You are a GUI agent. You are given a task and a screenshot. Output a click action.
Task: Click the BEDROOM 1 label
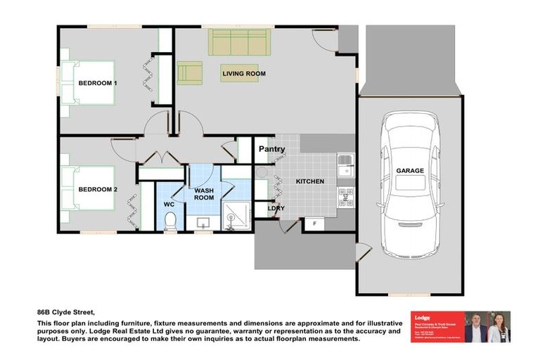click(x=97, y=83)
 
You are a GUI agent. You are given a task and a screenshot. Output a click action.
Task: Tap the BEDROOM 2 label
click(x=97, y=189)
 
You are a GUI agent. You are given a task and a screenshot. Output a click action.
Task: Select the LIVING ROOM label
click(x=244, y=73)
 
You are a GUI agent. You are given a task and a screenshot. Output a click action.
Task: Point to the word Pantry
click(x=271, y=149)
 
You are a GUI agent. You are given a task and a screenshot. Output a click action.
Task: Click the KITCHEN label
click(x=309, y=181)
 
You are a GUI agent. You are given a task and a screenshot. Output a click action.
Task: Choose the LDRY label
click(x=276, y=208)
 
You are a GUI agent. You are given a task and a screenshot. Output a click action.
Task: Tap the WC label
click(x=169, y=205)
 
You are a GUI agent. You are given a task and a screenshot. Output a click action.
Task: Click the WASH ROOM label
click(x=204, y=194)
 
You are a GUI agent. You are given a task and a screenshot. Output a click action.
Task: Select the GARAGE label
click(x=410, y=170)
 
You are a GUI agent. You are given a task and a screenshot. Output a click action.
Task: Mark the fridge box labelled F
click(x=314, y=224)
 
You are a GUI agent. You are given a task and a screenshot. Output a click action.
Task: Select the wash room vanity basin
click(x=203, y=224)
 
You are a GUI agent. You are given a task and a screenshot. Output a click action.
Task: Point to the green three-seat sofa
click(x=238, y=43)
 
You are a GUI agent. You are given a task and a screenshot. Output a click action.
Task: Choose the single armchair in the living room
click(x=189, y=72)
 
